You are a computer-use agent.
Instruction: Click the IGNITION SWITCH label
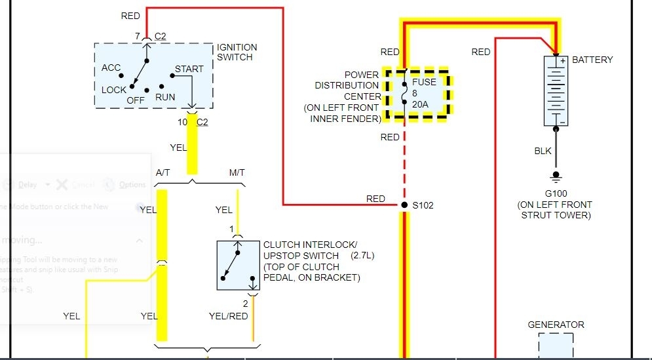click(x=237, y=52)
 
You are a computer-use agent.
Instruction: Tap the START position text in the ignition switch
click(x=189, y=69)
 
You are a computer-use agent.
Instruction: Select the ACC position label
click(x=111, y=68)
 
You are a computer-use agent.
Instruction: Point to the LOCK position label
click(x=113, y=90)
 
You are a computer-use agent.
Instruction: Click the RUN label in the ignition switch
click(x=165, y=97)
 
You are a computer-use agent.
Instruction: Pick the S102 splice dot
click(x=404, y=205)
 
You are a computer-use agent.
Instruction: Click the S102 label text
click(x=423, y=205)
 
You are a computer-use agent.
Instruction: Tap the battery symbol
click(x=556, y=90)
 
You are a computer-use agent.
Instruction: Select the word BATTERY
click(x=592, y=60)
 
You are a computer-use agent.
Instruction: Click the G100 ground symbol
click(x=556, y=176)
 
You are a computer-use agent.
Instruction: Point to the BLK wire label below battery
click(x=543, y=151)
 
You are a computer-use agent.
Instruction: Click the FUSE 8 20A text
click(x=419, y=93)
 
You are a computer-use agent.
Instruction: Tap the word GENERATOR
click(x=556, y=325)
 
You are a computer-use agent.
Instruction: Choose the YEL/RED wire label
click(x=228, y=316)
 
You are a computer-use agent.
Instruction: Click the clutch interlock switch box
click(x=239, y=266)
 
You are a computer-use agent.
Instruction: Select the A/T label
click(x=163, y=172)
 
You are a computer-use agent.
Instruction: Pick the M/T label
click(x=237, y=172)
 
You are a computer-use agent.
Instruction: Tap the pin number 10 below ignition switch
click(x=182, y=122)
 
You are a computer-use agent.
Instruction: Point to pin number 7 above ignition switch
click(x=138, y=35)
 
